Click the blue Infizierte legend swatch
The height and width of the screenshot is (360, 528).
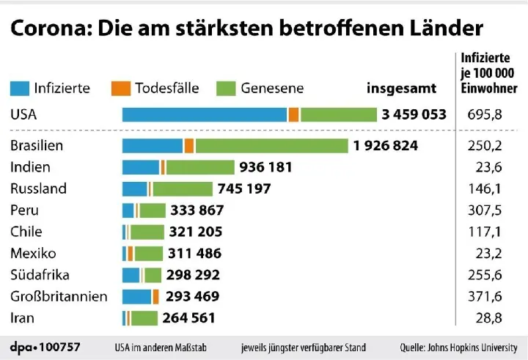[19, 88]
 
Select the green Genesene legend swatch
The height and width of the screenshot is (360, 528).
[227, 88]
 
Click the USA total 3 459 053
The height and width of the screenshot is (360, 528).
[414, 114]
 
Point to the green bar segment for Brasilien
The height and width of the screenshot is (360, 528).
[271, 145]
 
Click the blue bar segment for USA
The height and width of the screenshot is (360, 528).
[204, 114]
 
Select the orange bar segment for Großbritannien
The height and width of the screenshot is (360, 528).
[156, 297]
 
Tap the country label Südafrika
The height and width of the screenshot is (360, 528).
[40, 275]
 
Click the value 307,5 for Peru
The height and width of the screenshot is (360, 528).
[484, 210]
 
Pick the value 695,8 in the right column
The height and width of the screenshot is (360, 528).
[484, 114]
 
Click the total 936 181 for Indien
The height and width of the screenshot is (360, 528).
[265, 167]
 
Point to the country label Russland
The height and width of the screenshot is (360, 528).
[38, 188]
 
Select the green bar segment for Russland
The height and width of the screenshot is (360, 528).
[181, 188]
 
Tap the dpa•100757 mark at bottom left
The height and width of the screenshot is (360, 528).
[45, 346]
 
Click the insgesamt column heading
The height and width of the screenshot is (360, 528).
[401, 88]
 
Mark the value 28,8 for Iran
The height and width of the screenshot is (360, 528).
[487, 318]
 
